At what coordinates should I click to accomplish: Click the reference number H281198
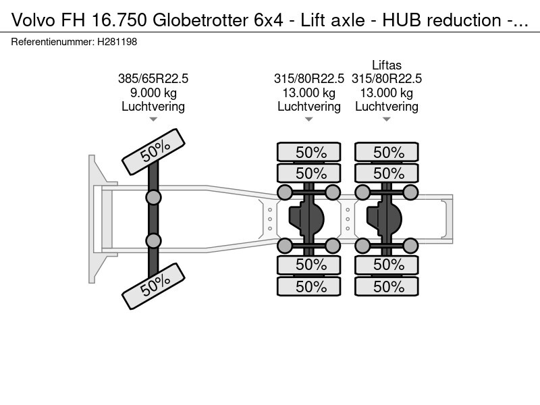(118, 42)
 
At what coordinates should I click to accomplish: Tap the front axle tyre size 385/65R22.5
(153, 79)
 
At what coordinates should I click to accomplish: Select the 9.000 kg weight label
(153, 92)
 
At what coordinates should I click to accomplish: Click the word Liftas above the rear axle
(386, 65)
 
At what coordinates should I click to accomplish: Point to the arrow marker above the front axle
(153, 119)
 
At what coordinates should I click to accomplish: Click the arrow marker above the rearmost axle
(386, 119)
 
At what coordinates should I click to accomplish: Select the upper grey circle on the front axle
(153, 197)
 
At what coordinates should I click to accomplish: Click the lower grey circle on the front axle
(153, 241)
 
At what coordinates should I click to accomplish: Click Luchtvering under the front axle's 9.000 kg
(153, 107)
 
